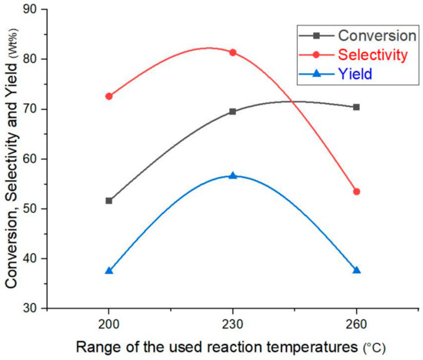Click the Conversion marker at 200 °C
click(109, 201)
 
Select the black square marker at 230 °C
click(233, 112)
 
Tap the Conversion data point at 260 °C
click(356, 107)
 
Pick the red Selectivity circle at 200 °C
click(109, 96)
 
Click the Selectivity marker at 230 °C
click(233, 52)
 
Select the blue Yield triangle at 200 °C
click(109, 271)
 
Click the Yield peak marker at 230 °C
click(233, 175)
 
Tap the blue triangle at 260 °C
click(356, 270)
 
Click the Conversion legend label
click(367, 35)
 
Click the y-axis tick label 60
click(35, 158)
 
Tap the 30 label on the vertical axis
click(35, 308)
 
